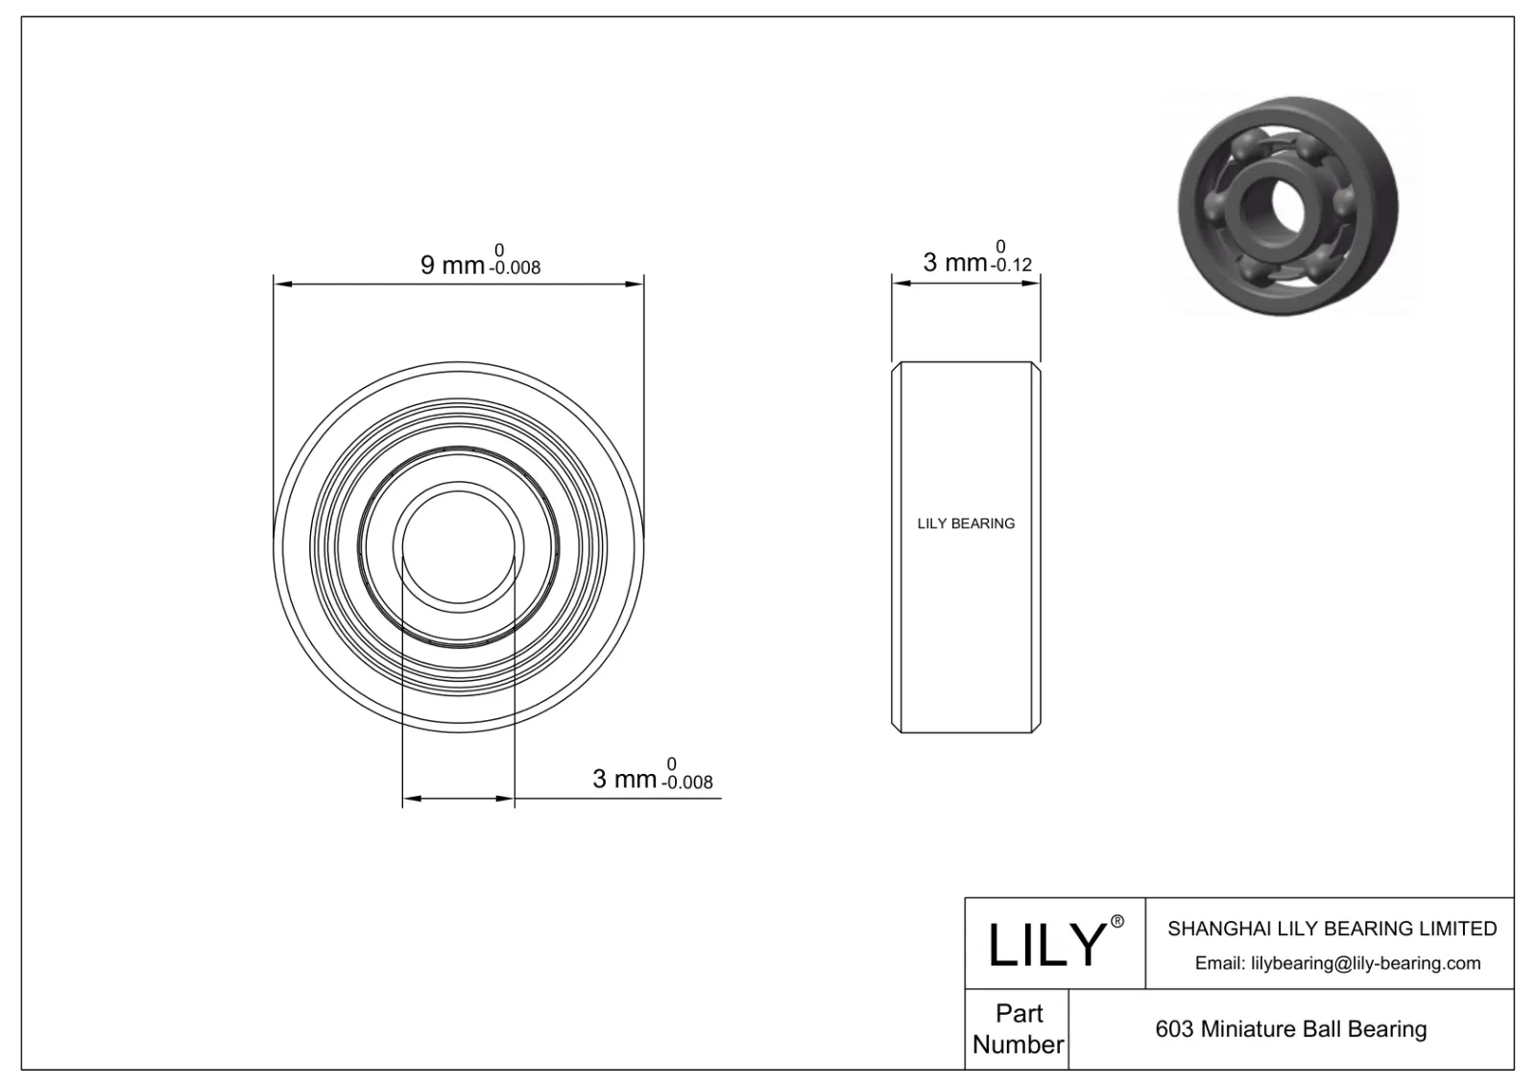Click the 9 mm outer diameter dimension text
coord(452,264)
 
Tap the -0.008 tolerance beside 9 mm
coord(516,269)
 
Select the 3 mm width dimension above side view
coord(954,262)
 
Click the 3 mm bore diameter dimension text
coord(624,779)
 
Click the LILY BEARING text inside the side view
coord(966,523)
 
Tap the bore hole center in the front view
coord(458,547)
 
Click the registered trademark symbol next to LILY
coord(1116,922)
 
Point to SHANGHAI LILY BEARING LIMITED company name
coord(1332,929)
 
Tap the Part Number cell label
coord(1018,1028)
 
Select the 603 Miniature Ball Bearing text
coord(1290,1029)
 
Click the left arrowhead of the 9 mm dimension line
coord(281,283)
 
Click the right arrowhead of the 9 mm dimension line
coord(636,283)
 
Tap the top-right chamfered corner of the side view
coord(1037,366)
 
